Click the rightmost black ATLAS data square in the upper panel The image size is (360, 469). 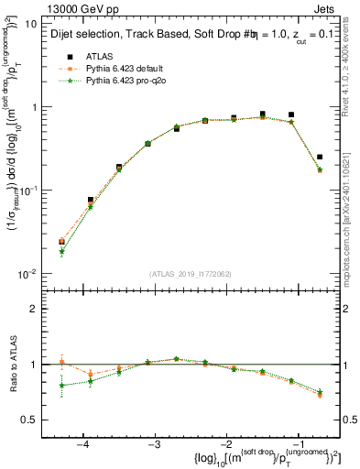(319, 157)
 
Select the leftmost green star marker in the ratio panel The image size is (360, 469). (61, 386)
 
